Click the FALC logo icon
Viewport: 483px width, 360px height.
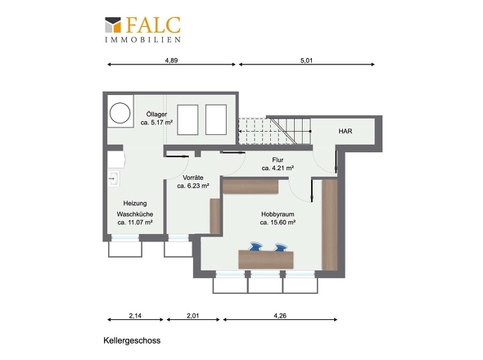(x=113, y=25)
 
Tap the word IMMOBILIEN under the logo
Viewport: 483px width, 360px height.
(x=142, y=40)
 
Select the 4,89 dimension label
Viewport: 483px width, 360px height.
(x=171, y=61)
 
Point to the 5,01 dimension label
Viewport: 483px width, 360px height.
(x=306, y=61)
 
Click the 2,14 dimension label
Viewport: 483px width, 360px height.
(x=135, y=316)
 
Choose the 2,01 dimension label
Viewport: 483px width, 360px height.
(x=193, y=316)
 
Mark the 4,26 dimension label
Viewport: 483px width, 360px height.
(x=280, y=316)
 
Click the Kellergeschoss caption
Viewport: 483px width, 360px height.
(x=132, y=340)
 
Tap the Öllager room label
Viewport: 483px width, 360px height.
(x=156, y=115)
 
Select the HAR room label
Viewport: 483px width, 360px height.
(x=345, y=131)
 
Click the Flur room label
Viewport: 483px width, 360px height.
(x=278, y=160)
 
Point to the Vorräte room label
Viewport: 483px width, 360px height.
(x=193, y=178)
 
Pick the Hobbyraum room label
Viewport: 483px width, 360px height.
(x=278, y=214)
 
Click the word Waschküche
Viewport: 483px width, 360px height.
(x=135, y=214)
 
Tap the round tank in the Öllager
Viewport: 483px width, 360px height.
(x=120, y=113)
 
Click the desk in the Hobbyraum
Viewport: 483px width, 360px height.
(x=266, y=259)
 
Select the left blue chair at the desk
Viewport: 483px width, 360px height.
(x=255, y=246)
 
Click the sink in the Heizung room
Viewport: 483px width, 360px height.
(x=113, y=178)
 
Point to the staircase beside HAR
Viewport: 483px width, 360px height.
(x=275, y=131)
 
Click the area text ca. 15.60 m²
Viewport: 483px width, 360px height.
(x=278, y=223)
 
